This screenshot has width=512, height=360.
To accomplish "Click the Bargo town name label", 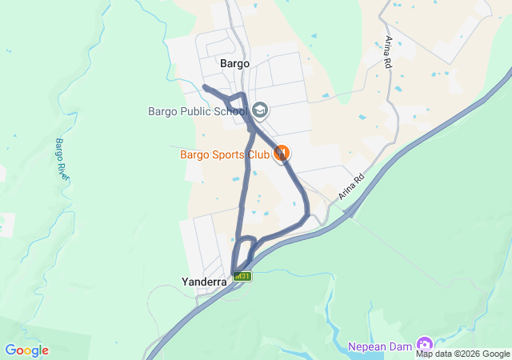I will pos(234,63).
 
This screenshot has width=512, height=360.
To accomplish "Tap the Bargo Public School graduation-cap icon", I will pos(259,109).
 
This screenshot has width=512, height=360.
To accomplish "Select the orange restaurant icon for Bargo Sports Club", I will pos(281,153).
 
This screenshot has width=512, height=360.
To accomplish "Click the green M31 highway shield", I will pos(242,277).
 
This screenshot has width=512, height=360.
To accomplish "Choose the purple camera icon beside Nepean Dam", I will pos(424,346).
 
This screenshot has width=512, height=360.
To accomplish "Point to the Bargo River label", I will pos(61,157).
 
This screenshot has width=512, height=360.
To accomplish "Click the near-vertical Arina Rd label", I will pos(390,51).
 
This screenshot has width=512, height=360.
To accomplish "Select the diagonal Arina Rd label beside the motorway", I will pos(350,186).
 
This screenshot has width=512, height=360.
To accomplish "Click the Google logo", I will pos(26,350).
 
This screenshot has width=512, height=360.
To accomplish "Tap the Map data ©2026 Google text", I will pos(462,354).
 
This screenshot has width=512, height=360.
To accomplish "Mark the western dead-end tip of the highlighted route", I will pos(205,86).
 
